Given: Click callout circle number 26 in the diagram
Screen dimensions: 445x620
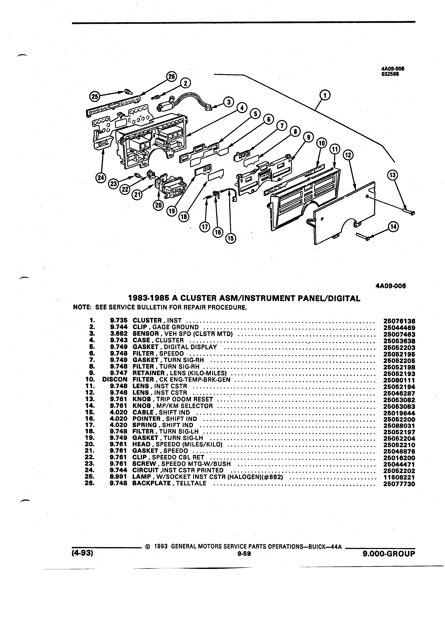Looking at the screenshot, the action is (x=172, y=77).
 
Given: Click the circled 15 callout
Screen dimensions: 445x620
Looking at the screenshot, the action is (x=231, y=238).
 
